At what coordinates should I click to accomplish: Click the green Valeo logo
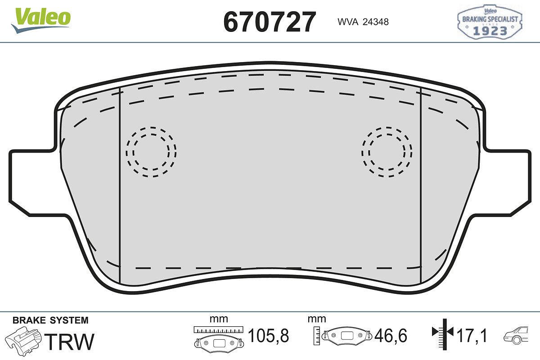(x=41, y=20)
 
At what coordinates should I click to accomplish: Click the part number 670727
(x=270, y=22)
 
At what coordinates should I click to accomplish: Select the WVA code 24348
(x=376, y=22)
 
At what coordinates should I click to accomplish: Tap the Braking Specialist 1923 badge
(x=490, y=22)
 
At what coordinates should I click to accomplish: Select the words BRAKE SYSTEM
(x=50, y=320)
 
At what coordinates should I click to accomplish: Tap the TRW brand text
(x=69, y=342)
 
